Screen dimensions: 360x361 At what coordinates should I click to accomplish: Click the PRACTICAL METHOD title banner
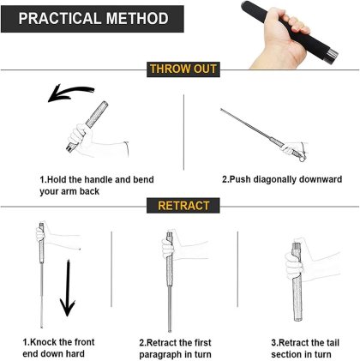(x=93, y=19)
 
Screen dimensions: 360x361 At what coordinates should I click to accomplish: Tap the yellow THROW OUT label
(x=183, y=69)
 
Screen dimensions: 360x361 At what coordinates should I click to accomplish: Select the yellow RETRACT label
(x=183, y=206)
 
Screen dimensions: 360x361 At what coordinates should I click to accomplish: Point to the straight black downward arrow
(x=68, y=289)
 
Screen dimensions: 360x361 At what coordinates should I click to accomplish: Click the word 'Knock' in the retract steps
(x=43, y=342)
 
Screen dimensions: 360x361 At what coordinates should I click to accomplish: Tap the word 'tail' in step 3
(x=333, y=343)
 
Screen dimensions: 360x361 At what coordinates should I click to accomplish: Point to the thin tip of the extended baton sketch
(x=222, y=109)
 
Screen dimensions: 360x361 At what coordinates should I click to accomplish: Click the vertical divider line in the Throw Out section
(x=183, y=132)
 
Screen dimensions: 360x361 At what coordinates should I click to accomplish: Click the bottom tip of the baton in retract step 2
(x=170, y=331)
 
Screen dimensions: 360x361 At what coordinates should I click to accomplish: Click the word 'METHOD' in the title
(x=137, y=19)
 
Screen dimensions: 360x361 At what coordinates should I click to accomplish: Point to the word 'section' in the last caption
(x=287, y=355)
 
